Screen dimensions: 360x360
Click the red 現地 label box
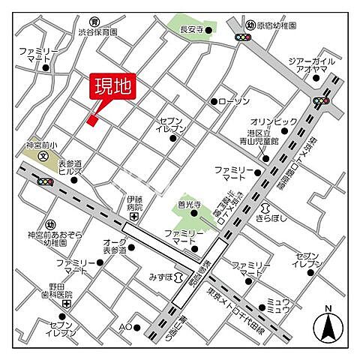pyautogui.click(x=112, y=86)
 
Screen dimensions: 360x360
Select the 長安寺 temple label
pyautogui.click(x=193, y=30)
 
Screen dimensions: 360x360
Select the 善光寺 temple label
pyautogui.click(x=188, y=203)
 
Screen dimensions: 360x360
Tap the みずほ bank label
pyautogui.click(x=162, y=277)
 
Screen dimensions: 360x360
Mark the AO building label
pyautogui.click(x=124, y=327)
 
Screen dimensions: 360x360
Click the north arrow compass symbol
pyautogui.click(x=328, y=325)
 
